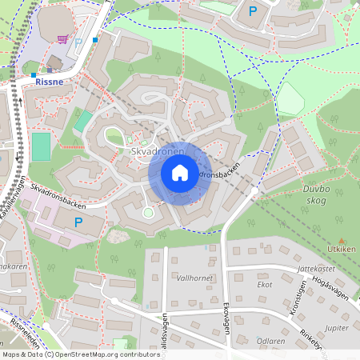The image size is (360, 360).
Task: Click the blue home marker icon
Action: click(180, 173)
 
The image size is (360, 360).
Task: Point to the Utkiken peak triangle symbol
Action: click(342, 240)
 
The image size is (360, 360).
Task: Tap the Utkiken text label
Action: click(342, 250)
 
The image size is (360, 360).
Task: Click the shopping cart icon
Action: click(63, 38)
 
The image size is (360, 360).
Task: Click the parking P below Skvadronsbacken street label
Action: click(78, 222)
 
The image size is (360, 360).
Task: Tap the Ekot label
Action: click(265, 284)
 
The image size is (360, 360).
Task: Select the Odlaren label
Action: click(270, 340)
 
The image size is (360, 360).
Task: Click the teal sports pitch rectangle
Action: click(41, 146)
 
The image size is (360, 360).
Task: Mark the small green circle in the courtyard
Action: click(147, 212)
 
